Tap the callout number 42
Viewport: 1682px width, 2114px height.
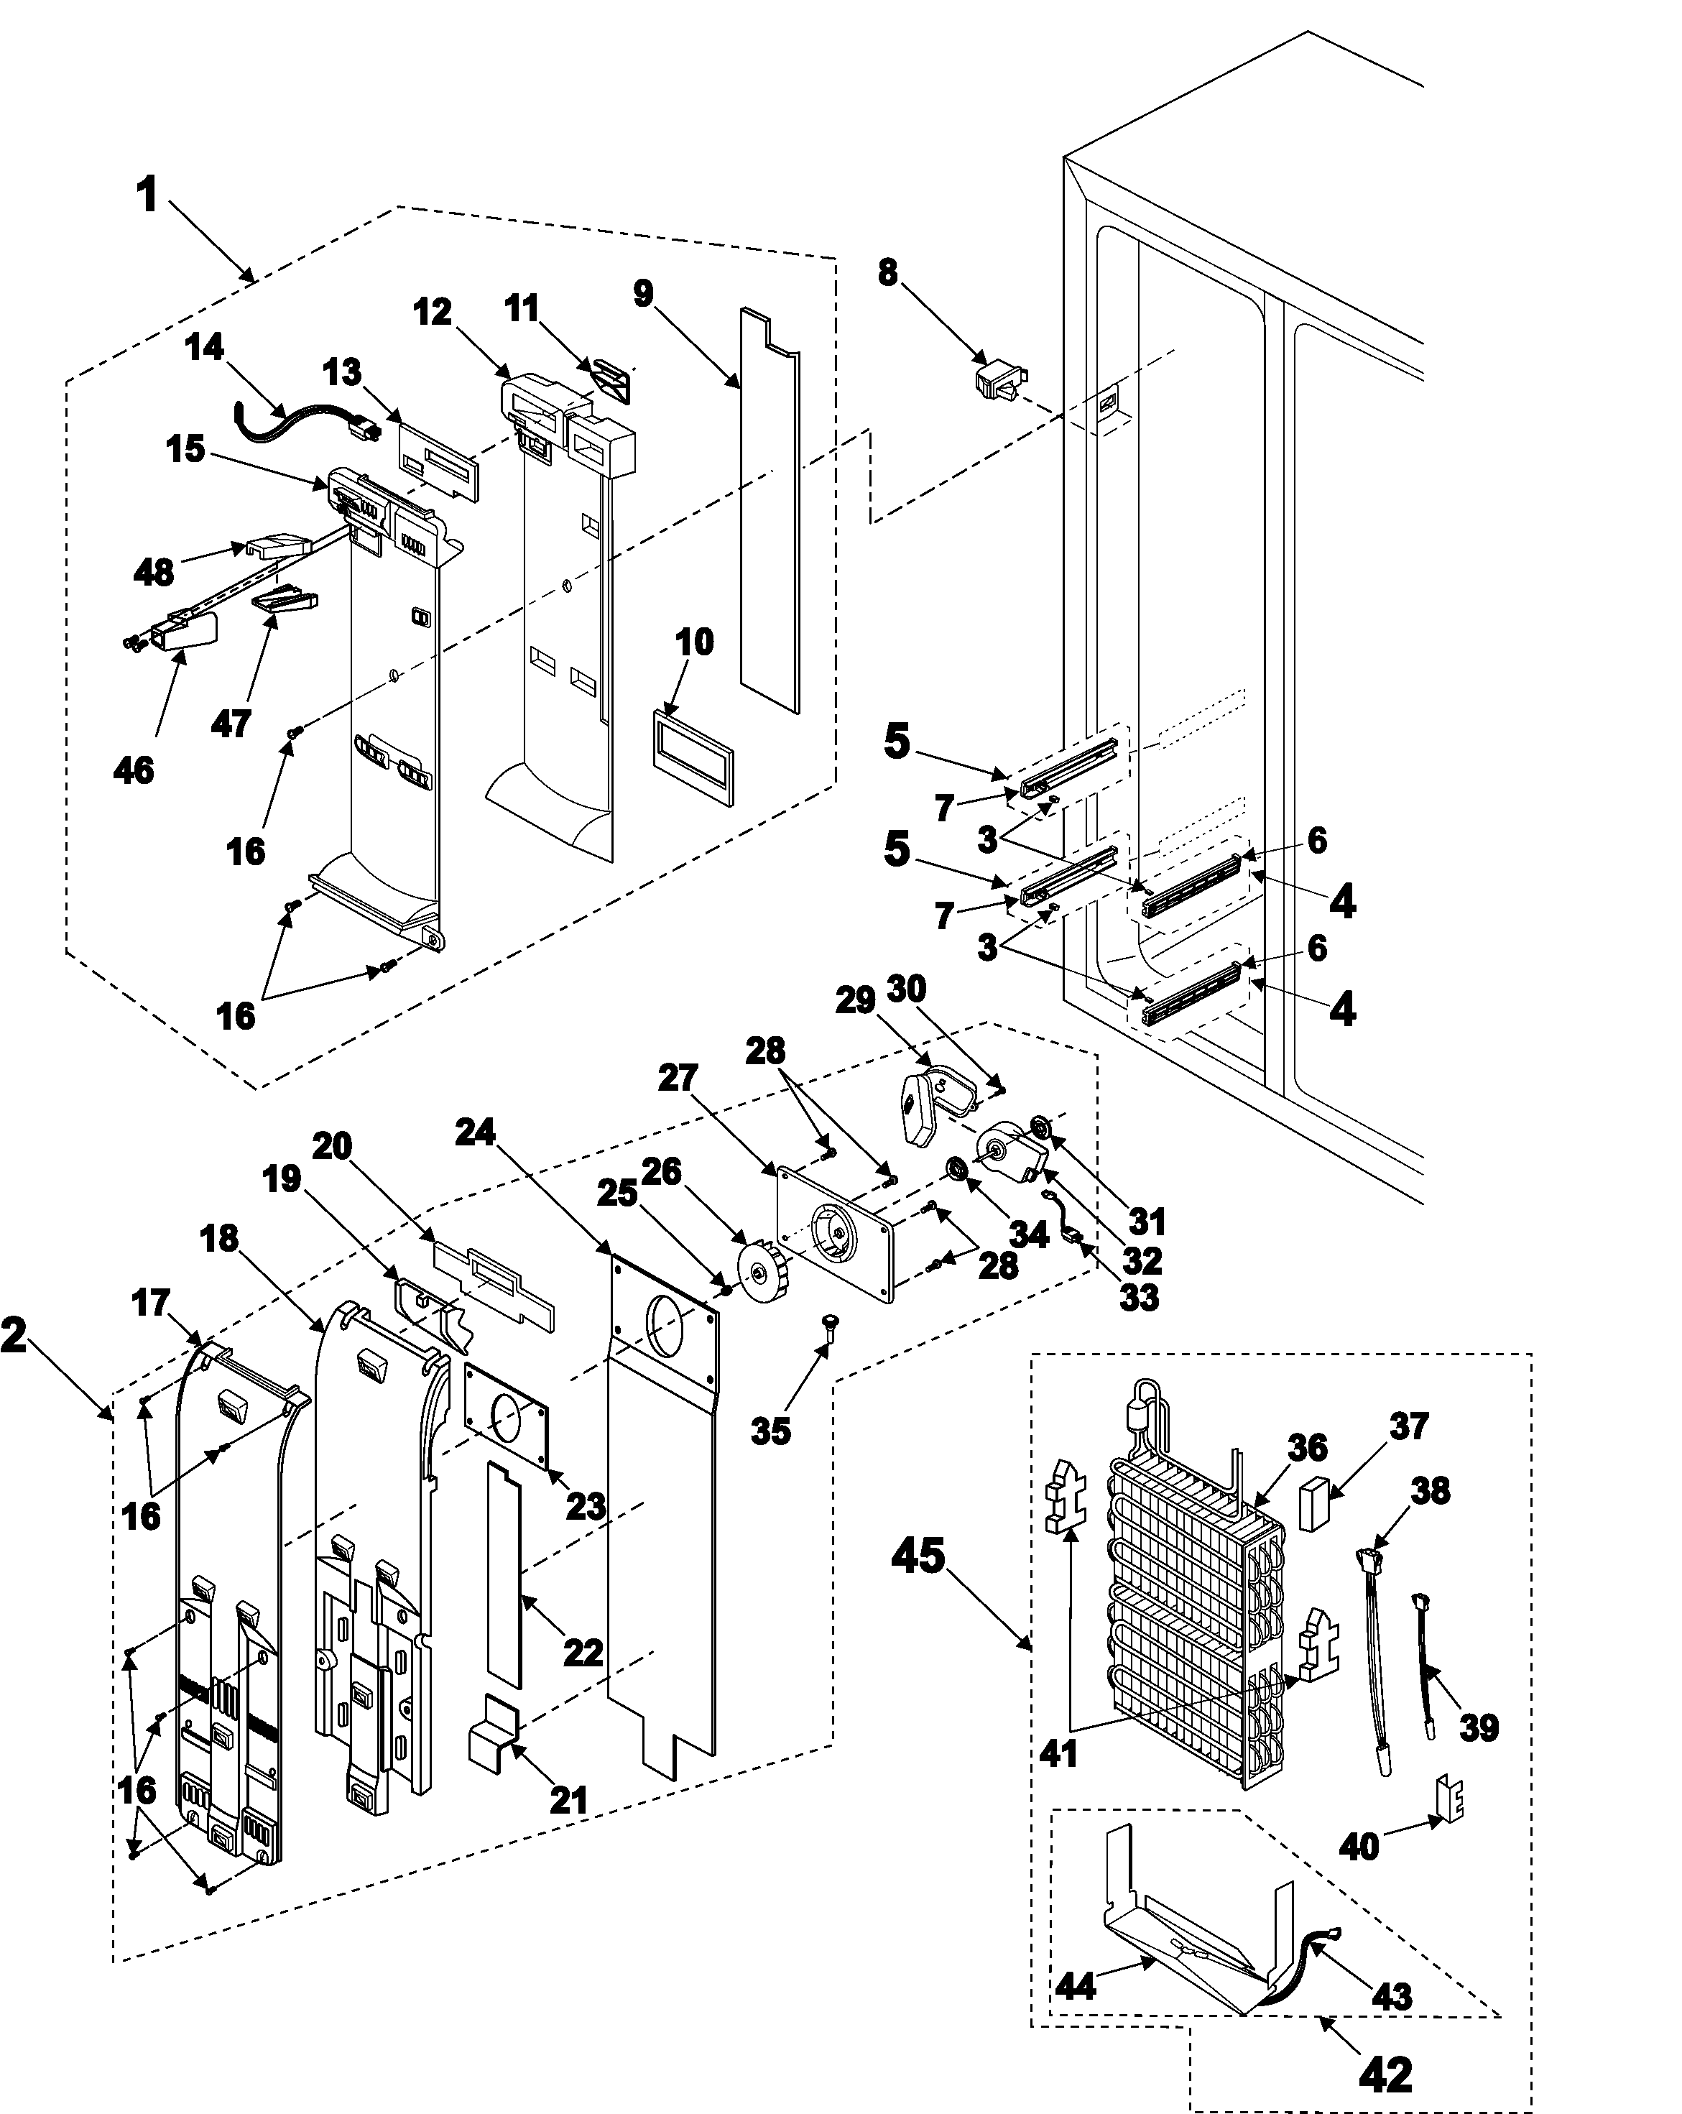point(1386,2074)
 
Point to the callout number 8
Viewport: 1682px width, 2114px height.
point(887,272)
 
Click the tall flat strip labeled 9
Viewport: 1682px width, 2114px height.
point(769,510)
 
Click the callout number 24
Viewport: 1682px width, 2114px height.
point(476,1132)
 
